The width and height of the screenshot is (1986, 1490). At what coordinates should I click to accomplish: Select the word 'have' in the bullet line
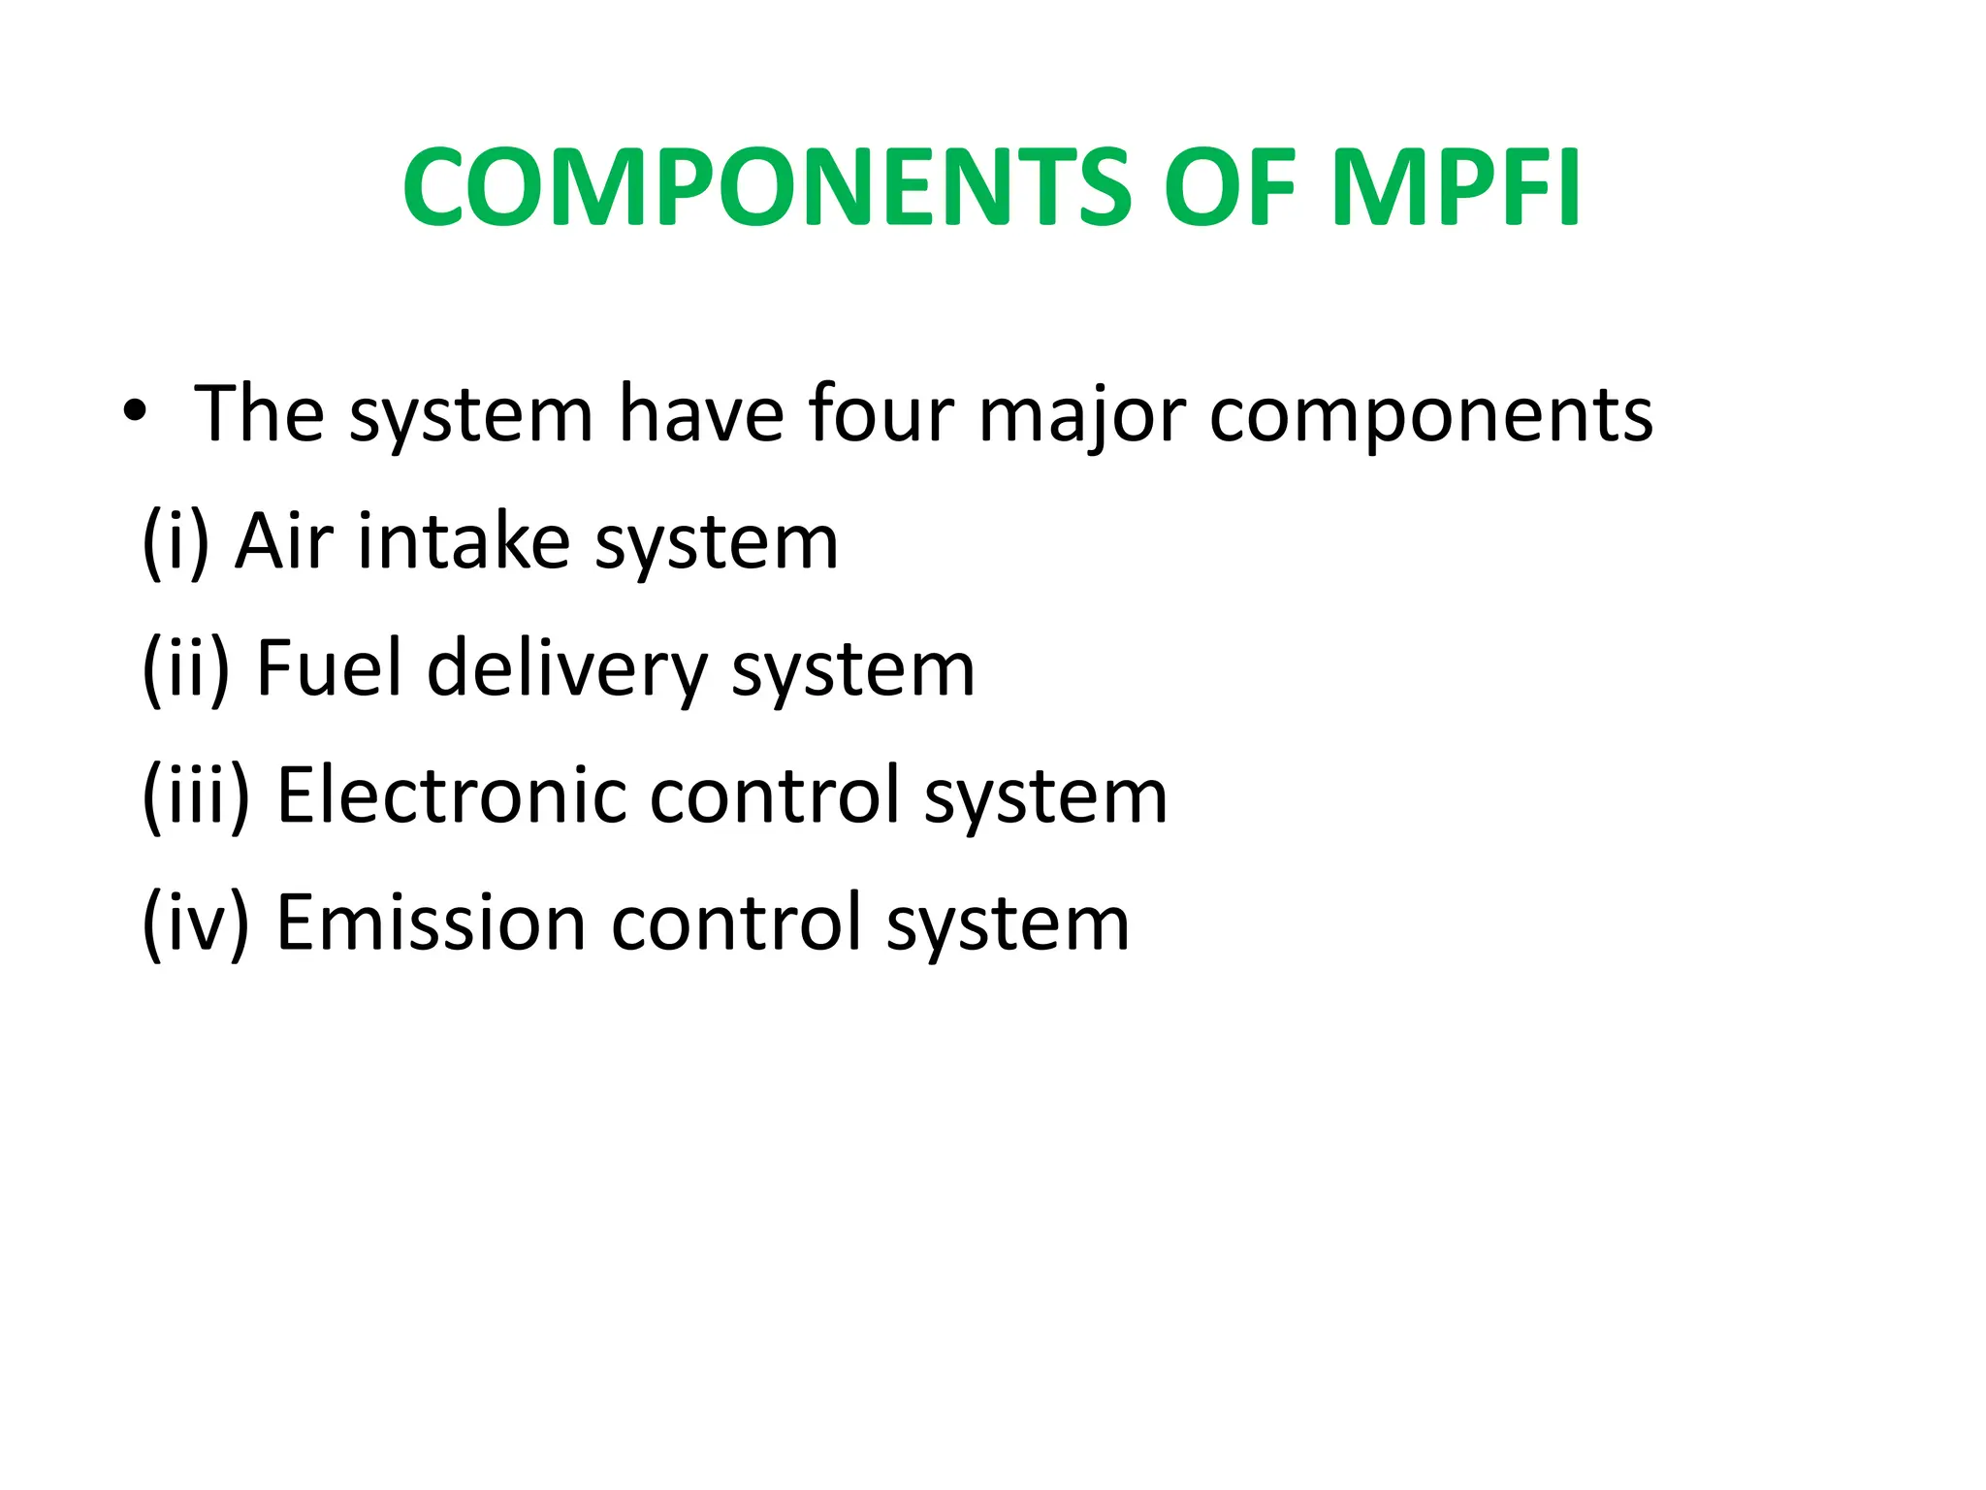[x=701, y=414]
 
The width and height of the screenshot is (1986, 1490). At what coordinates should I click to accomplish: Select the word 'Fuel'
[x=329, y=668]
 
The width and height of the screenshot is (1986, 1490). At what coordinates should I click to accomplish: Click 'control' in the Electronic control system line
[x=775, y=795]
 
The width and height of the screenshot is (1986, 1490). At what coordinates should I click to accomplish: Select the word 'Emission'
[x=432, y=923]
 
